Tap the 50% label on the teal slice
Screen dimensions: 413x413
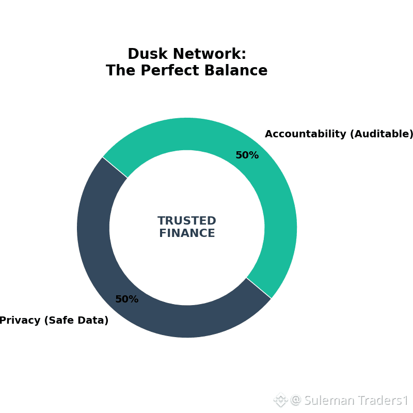pyautogui.click(x=247, y=155)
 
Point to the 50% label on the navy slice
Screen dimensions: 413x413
pyautogui.click(x=126, y=299)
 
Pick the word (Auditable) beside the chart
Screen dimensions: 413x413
pyautogui.click(x=382, y=134)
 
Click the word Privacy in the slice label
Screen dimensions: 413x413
pyautogui.click(x=20, y=321)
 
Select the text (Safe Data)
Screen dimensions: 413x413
pyautogui.click(x=76, y=321)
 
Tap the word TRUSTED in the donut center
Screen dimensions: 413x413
pyautogui.click(x=187, y=221)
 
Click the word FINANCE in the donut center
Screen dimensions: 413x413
pyautogui.click(x=187, y=233)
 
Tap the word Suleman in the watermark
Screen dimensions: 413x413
pyautogui.click(x=328, y=401)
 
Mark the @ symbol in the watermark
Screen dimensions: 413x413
pyautogui.click(x=296, y=401)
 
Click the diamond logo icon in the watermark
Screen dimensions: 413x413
pyautogui.click(x=280, y=400)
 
